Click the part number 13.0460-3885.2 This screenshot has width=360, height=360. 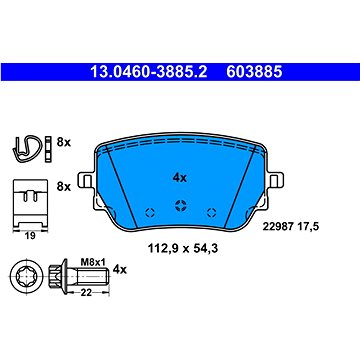point(149,72)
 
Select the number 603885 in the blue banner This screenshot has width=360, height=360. point(254,72)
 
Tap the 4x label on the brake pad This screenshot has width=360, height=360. point(180,178)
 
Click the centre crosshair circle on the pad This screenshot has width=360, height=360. point(181,205)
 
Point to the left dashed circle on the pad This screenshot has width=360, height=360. point(150,212)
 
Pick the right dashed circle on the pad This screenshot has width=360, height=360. point(211,212)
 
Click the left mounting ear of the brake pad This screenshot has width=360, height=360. point(85,180)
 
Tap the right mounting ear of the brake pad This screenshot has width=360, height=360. point(276,180)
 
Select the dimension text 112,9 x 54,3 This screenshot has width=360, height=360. point(183,248)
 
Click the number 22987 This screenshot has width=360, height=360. point(278,227)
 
